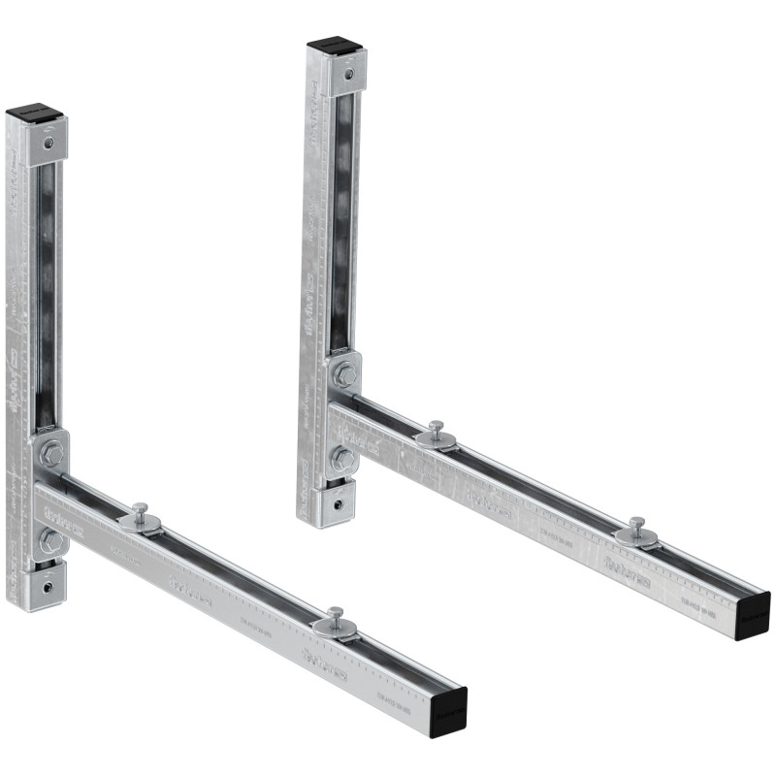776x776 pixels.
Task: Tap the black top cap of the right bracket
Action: tap(335, 46)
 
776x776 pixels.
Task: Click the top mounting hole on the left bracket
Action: tap(48, 143)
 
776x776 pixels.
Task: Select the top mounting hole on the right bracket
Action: tap(346, 73)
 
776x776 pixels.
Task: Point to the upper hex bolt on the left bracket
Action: tap(51, 452)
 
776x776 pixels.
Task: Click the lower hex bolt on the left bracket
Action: tap(49, 540)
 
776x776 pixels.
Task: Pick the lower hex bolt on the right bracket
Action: tap(342, 459)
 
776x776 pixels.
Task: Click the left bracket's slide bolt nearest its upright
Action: tap(141, 515)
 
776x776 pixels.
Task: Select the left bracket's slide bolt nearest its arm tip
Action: tap(335, 621)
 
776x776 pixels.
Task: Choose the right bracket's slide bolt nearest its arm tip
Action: tap(636, 530)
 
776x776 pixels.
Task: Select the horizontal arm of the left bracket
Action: tap(242, 601)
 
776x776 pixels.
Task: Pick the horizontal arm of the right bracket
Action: tap(543, 514)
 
